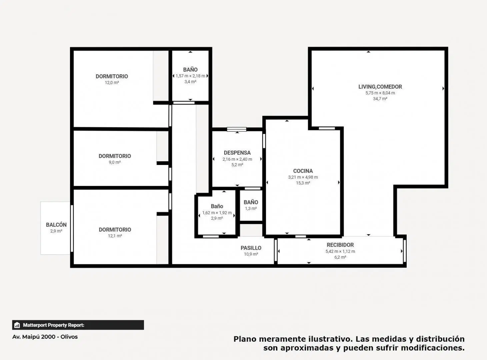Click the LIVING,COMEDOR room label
tap(380, 87)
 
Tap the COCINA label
tap(303, 171)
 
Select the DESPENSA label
tap(237, 153)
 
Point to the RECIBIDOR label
tap(340, 245)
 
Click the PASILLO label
tap(251, 248)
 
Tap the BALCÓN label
tap(56, 225)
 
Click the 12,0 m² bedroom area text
tap(112, 83)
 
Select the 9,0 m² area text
tap(115, 162)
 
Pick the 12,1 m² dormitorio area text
tap(115, 236)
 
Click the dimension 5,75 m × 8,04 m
tap(380, 93)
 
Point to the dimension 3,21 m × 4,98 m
tap(303, 177)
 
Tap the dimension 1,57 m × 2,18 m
tap(190, 76)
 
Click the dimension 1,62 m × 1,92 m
tap(217, 213)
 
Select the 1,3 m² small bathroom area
tap(251, 208)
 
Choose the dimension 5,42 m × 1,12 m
tap(340, 251)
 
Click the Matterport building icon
tap(17, 325)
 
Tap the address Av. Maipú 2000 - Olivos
tap(45, 337)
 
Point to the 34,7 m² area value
tap(380, 99)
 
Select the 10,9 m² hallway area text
tap(251, 254)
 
